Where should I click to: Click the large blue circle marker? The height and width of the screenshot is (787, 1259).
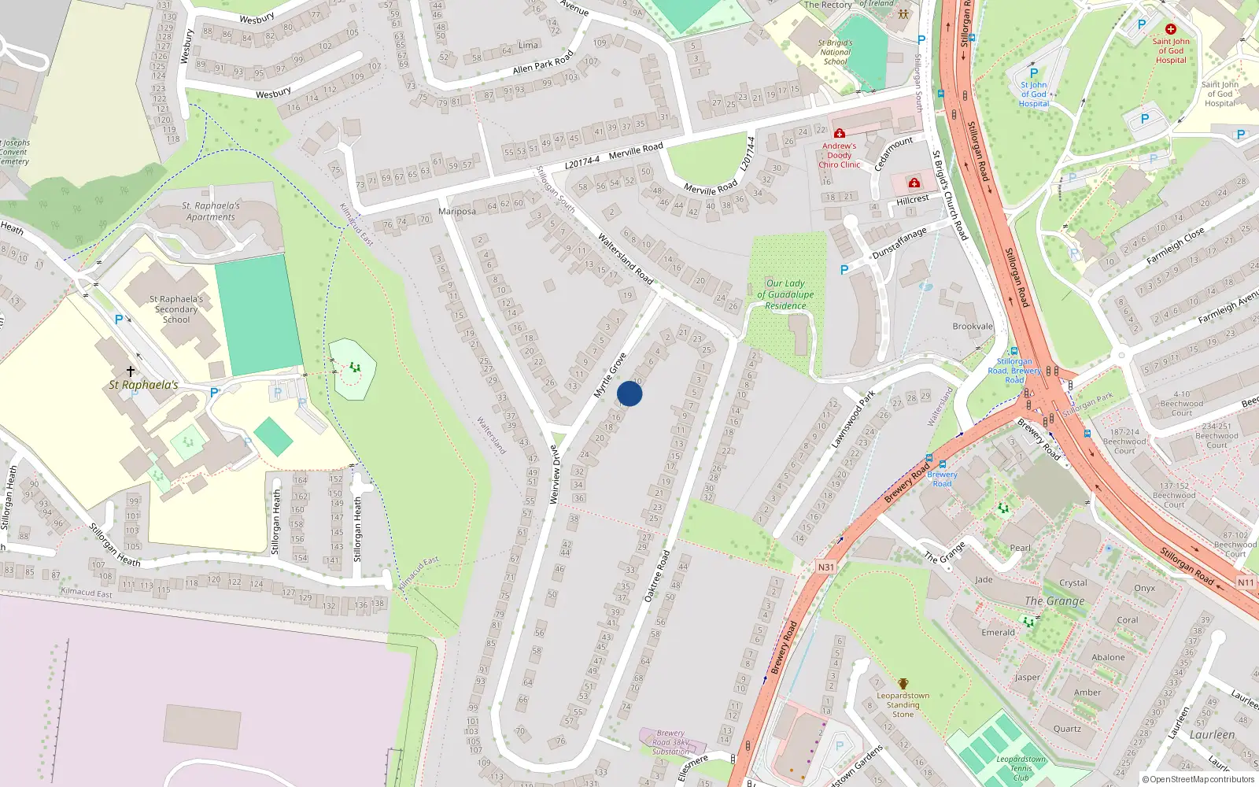pos(629,393)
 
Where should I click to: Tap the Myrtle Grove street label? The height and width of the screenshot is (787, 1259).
pos(610,375)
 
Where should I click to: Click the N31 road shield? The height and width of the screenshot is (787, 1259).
pos(825,567)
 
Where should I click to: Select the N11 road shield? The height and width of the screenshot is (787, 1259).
pos(1246,582)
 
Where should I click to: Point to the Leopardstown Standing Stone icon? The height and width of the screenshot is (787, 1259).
pos(903,684)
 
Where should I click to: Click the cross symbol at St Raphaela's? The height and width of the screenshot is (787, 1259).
pos(131,371)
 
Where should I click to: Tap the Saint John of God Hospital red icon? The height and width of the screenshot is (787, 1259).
pos(1171,29)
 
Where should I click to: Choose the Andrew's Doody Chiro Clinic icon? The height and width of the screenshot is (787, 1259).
pos(840,133)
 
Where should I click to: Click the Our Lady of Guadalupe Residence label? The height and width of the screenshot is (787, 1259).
pos(785,294)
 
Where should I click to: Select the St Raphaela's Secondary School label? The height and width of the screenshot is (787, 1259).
pos(176,309)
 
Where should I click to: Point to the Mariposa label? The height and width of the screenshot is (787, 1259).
pos(457,211)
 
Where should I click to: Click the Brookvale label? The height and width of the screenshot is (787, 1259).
pos(973,326)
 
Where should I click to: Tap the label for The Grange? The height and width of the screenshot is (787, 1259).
pos(1054,601)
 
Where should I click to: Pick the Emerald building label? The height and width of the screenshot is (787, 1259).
pos(998,632)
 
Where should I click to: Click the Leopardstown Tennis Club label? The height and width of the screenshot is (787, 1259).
pos(1021,768)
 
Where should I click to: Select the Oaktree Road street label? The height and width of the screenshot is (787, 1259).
pos(657,576)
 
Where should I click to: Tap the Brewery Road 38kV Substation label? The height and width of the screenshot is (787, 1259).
pos(670,742)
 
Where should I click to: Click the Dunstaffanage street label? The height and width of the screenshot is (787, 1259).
pos(899,243)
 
